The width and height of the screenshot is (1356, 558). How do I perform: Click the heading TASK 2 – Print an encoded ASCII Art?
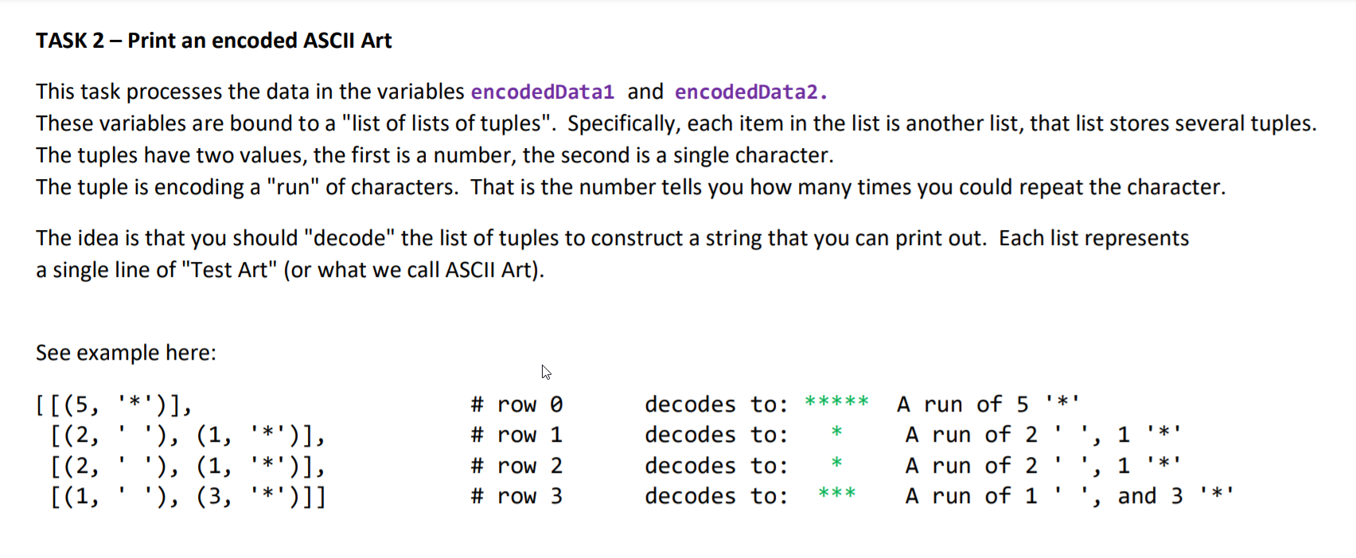pos(214,41)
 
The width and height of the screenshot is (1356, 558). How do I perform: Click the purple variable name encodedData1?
pos(543,92)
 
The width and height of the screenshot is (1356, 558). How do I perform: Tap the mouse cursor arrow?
pos(546,373)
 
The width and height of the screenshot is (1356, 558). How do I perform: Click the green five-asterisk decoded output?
pos(836,401)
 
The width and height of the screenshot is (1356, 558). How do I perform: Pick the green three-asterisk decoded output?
pos(836,494)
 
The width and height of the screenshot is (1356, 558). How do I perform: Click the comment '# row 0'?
pos(517,404)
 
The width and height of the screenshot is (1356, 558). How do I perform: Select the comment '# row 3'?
pos(517,496)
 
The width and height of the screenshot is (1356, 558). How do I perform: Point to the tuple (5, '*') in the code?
pos(115,404)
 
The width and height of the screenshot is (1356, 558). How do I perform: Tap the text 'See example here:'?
pos(126,352)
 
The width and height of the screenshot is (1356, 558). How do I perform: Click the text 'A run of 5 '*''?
pos(988,404)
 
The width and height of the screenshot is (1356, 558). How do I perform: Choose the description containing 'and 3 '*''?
pos(1069,496)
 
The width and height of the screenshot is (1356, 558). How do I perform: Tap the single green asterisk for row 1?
pos(836,431)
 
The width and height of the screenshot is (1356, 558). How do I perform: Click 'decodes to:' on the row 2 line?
pos(717,466)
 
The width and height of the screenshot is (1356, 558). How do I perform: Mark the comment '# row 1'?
pos(517,435)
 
